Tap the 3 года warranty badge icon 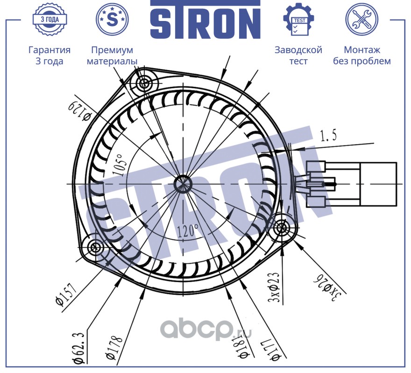[x=50, y=20]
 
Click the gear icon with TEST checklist [x=298, y=20]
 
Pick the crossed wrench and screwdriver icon [x=361, y=20]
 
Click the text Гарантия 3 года [x=50, y=55]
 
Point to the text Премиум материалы [x=112, y=55]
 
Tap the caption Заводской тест [x=298, y=55]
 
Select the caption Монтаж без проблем [x=361, y=55]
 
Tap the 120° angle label [x=188, y=229]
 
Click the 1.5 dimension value [x=328, y=136]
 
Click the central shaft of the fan [x=181, y=184]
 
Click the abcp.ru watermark [x=206, y=331]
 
